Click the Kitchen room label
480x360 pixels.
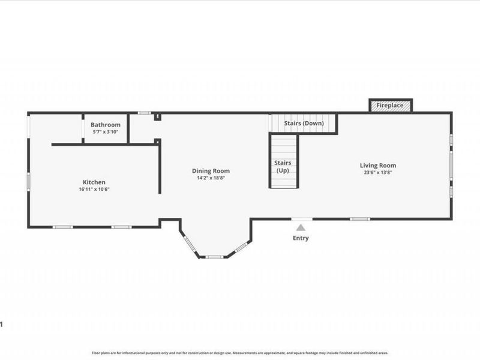pos(94,182)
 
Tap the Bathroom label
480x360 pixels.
pos(106,125)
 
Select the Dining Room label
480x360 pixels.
pos(211,171)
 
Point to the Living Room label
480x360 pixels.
pos(378,166)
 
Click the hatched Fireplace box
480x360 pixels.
pos(391,106)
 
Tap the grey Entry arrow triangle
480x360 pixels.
pos(301,227)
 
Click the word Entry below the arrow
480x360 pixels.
pos(301,238)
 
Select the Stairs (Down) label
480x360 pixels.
pos(304,123)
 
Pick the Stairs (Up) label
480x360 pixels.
pos(283,167)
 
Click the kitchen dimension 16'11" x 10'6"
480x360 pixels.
pos(94,189)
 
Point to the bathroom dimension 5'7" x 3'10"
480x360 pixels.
pos(106,131)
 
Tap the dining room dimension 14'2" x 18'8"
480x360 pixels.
pos(211,178)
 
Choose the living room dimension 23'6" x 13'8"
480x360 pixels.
pos(378,172)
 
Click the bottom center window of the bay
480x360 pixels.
pos(214,257)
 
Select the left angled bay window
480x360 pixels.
pos(190,244)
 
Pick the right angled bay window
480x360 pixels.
pos(241,247)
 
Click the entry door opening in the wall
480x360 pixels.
pos(302,219)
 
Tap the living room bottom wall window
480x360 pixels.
pos(360,219)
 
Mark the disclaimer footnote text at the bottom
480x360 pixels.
pos(240,353)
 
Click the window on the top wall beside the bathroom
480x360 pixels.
pos(144,113)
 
